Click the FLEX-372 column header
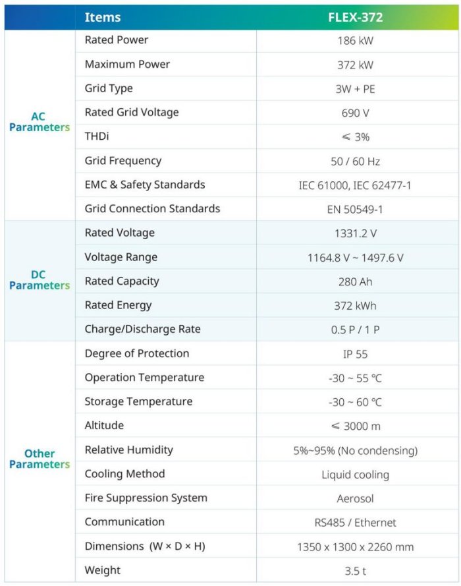pyautogui.click(x=355, y=18)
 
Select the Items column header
pyautogui.click(x=103, y=18)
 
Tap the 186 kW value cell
pyautogui.click(x=355, y=41)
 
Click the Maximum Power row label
pyautogui.click(x=127, y=65)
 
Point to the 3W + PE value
pyautogui.click(x=355, y=89)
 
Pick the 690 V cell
pyautogui.click(x=355, y=113)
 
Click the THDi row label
pyautogui.click(x=98, y=136)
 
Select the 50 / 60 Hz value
pyautogui.click(x=355, y=161)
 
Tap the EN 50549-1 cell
pyautogui.click(x=355, y=210)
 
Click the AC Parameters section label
pyautogui.click(x=39, y=122)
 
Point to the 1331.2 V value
pyautogui.click(x=355, y=233)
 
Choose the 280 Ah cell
pyautogui.click(x=355, y=282)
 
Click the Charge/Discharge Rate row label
pyautogui.click(x=142, y=329)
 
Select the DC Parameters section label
pyautogui.click(x=39, y=280)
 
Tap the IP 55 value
pyautogui.click(x=355, y=354)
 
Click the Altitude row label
pyautogui.click(x=104, y=426)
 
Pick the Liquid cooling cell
pyautogui.click(x=355, y=475)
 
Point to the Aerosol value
pyautogui.click(x=355, y=499)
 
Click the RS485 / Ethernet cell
pyautogui.click(x=355, y=523)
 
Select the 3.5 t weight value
pyautogui.click(x=355, y=571)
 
